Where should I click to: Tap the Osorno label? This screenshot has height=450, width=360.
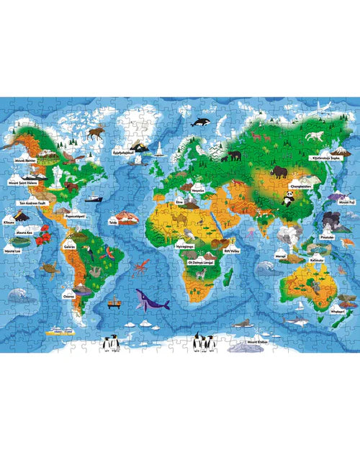[x=68, y=294]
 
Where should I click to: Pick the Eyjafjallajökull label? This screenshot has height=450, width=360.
[x=125, y=152]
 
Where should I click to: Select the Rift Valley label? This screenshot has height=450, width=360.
[x=230, y=251]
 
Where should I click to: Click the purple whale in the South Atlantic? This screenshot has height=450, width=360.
[x=148, y=299]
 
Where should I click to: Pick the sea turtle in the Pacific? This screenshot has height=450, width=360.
[x=48, y=267]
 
